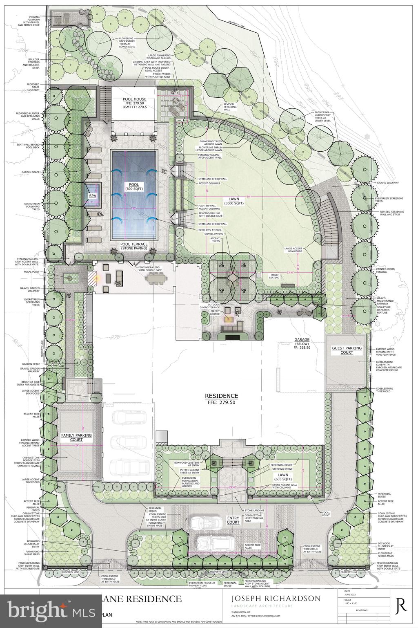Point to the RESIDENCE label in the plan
pos(221,395)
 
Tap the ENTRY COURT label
pos(233,520)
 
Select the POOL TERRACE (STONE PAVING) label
pos(134,246)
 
